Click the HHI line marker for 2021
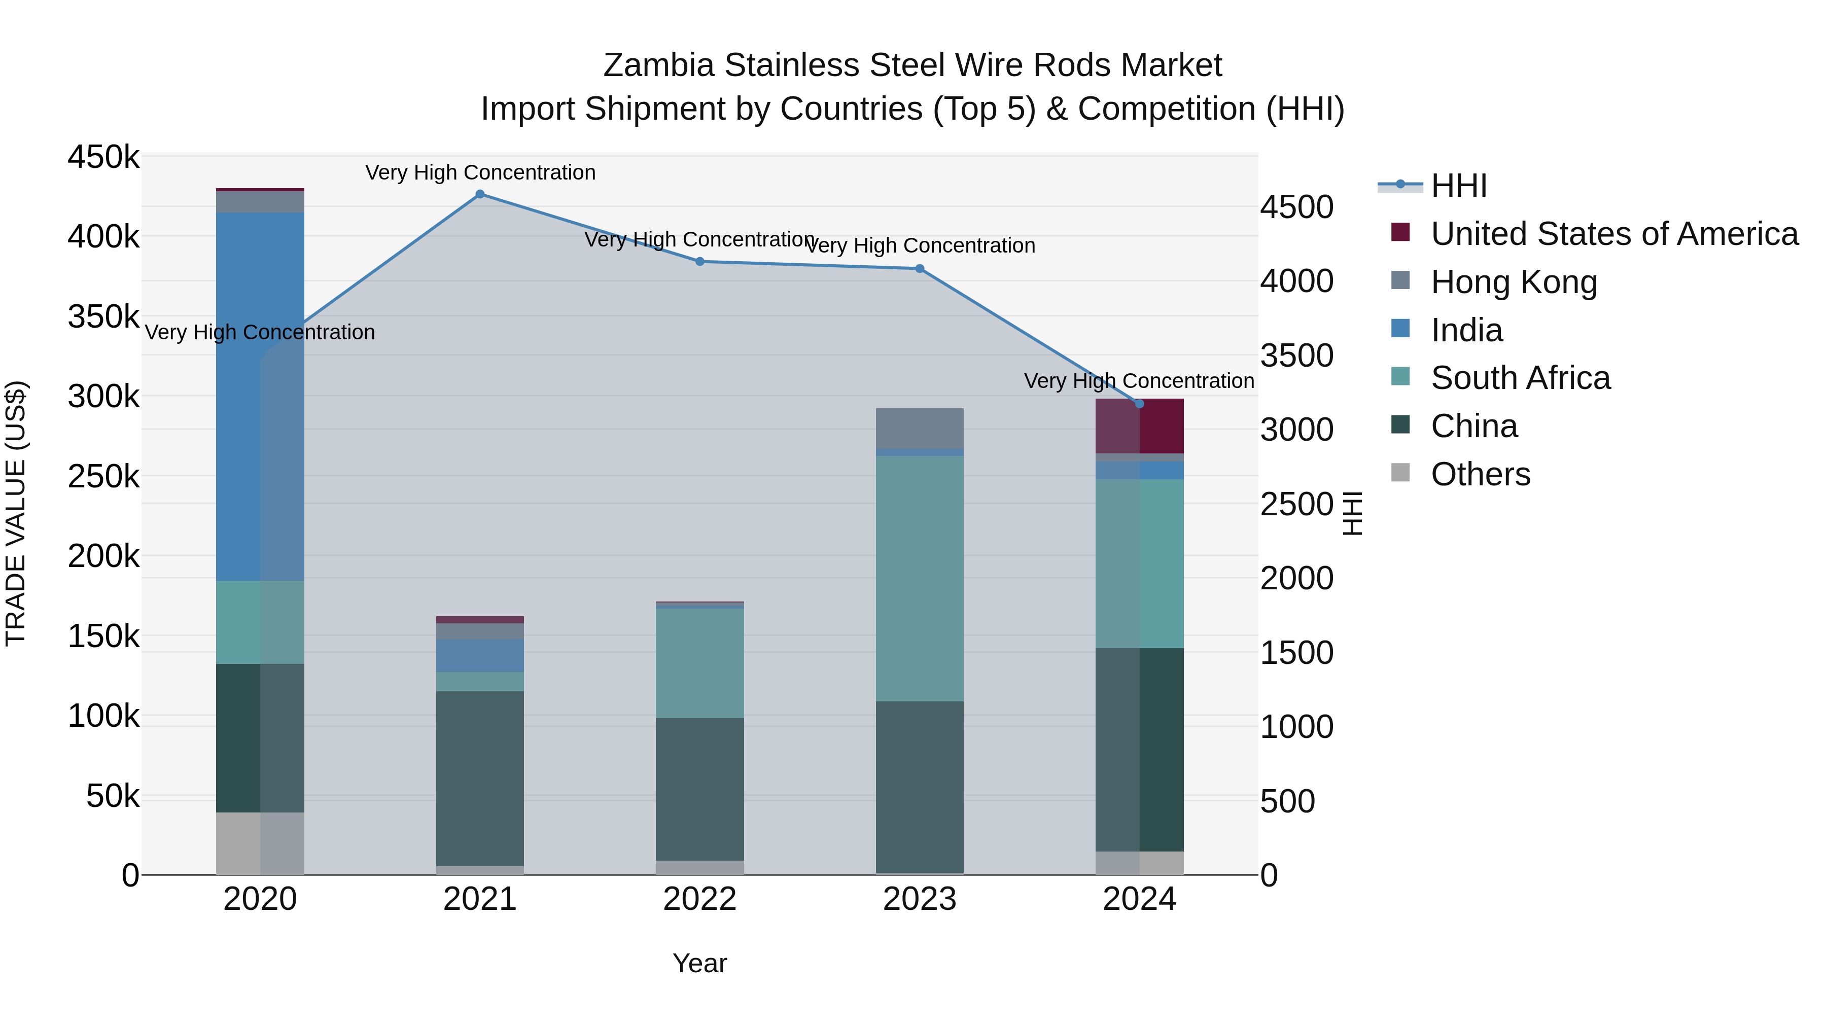[x=480, y=194]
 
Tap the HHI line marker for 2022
[x=699, y=262]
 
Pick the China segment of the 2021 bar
[x=480, y=778]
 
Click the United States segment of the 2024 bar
[x=1139, y=426]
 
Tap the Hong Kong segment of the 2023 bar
[x=920, y=428]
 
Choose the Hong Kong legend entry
[x=1514, y=282]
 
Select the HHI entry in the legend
[x=1458, y=186]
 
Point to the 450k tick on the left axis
[x=103, y=157]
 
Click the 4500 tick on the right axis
[x=1296, y=207]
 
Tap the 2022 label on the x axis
[x=699, y=899]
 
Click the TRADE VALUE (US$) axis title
[x=16, y=513]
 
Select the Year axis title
[x=699, y=963]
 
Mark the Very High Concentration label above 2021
[x=480, y=172]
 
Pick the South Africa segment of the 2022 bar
[x=699, y=663]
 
